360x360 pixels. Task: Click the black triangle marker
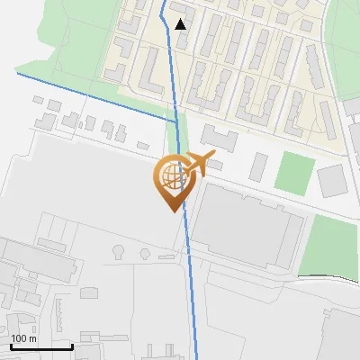[x=181, y=24]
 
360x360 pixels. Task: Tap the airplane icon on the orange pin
[x=198, y=164]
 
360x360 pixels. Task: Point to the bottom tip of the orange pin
[x=171, y=211]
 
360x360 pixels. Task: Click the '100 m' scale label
[x=23, y=338]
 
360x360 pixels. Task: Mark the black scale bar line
[x=41, y=346]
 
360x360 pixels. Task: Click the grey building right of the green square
[x=333, y=180]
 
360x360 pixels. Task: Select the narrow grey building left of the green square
[x=259, y=165]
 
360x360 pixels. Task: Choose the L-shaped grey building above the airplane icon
[x=219, y=139]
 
